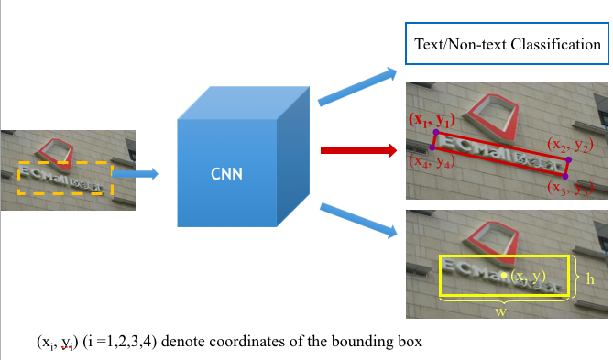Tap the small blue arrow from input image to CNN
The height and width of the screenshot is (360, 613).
(136, 172)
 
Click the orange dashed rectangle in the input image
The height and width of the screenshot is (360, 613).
(63, 179)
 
